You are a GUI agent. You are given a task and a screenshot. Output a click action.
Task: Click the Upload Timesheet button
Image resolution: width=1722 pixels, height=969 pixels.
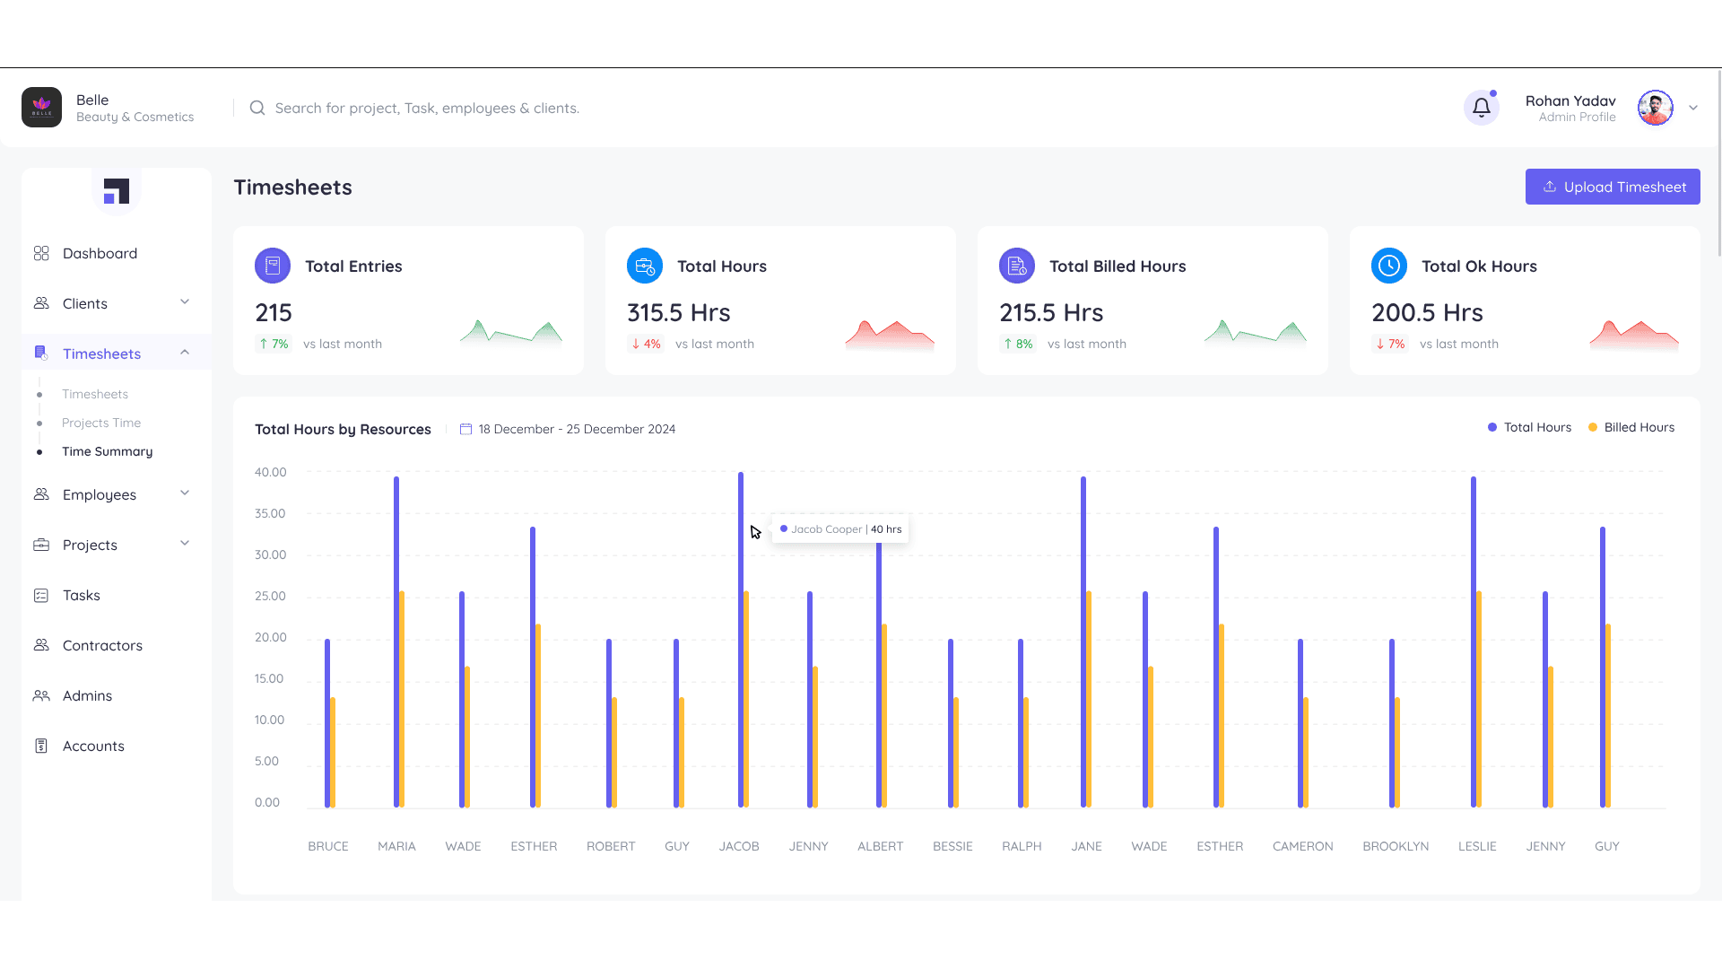tap(1612, 187)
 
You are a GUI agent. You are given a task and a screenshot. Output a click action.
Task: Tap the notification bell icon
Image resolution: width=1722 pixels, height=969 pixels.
tap(1481, 108)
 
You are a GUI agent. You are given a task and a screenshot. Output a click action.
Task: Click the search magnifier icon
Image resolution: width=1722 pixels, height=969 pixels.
tap(257, 108)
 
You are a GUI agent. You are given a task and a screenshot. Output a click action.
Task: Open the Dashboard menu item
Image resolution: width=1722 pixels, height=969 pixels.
tap(100, 254)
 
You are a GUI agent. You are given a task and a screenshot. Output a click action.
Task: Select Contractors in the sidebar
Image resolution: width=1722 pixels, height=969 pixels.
tap(102, 646)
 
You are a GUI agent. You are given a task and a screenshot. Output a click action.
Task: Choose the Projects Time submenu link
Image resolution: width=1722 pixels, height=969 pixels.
tap(101, 423)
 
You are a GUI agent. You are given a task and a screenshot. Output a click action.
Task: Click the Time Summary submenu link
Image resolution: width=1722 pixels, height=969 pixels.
tap(107, 451)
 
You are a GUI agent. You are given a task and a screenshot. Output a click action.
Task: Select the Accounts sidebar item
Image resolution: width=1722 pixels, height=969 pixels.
tap(93, 746)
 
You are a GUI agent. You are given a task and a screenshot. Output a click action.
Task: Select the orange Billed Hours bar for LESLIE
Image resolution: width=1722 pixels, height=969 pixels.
tap(1479, 700)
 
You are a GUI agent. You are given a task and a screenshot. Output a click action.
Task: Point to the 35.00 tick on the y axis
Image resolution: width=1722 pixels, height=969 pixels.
tap(270, 514)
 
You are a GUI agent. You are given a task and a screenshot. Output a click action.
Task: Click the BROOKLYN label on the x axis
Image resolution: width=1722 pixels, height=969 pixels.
tap(1396, 846)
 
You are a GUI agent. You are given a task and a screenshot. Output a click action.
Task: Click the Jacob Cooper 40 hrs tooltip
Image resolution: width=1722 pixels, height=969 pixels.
tap(840, 529)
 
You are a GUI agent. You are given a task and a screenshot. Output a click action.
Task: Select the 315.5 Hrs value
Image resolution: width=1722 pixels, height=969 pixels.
tap(678, 313)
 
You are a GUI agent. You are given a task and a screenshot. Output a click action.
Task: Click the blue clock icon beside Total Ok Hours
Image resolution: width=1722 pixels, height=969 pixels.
tap(1388, 266)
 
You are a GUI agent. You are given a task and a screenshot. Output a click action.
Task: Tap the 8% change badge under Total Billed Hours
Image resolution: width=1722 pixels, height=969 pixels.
tap(1018, 344)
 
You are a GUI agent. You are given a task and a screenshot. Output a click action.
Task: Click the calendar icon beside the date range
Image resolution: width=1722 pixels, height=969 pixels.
tap(465, 429)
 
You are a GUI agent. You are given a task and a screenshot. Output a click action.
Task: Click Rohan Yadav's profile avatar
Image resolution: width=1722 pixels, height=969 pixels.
tap(1655, 108)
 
